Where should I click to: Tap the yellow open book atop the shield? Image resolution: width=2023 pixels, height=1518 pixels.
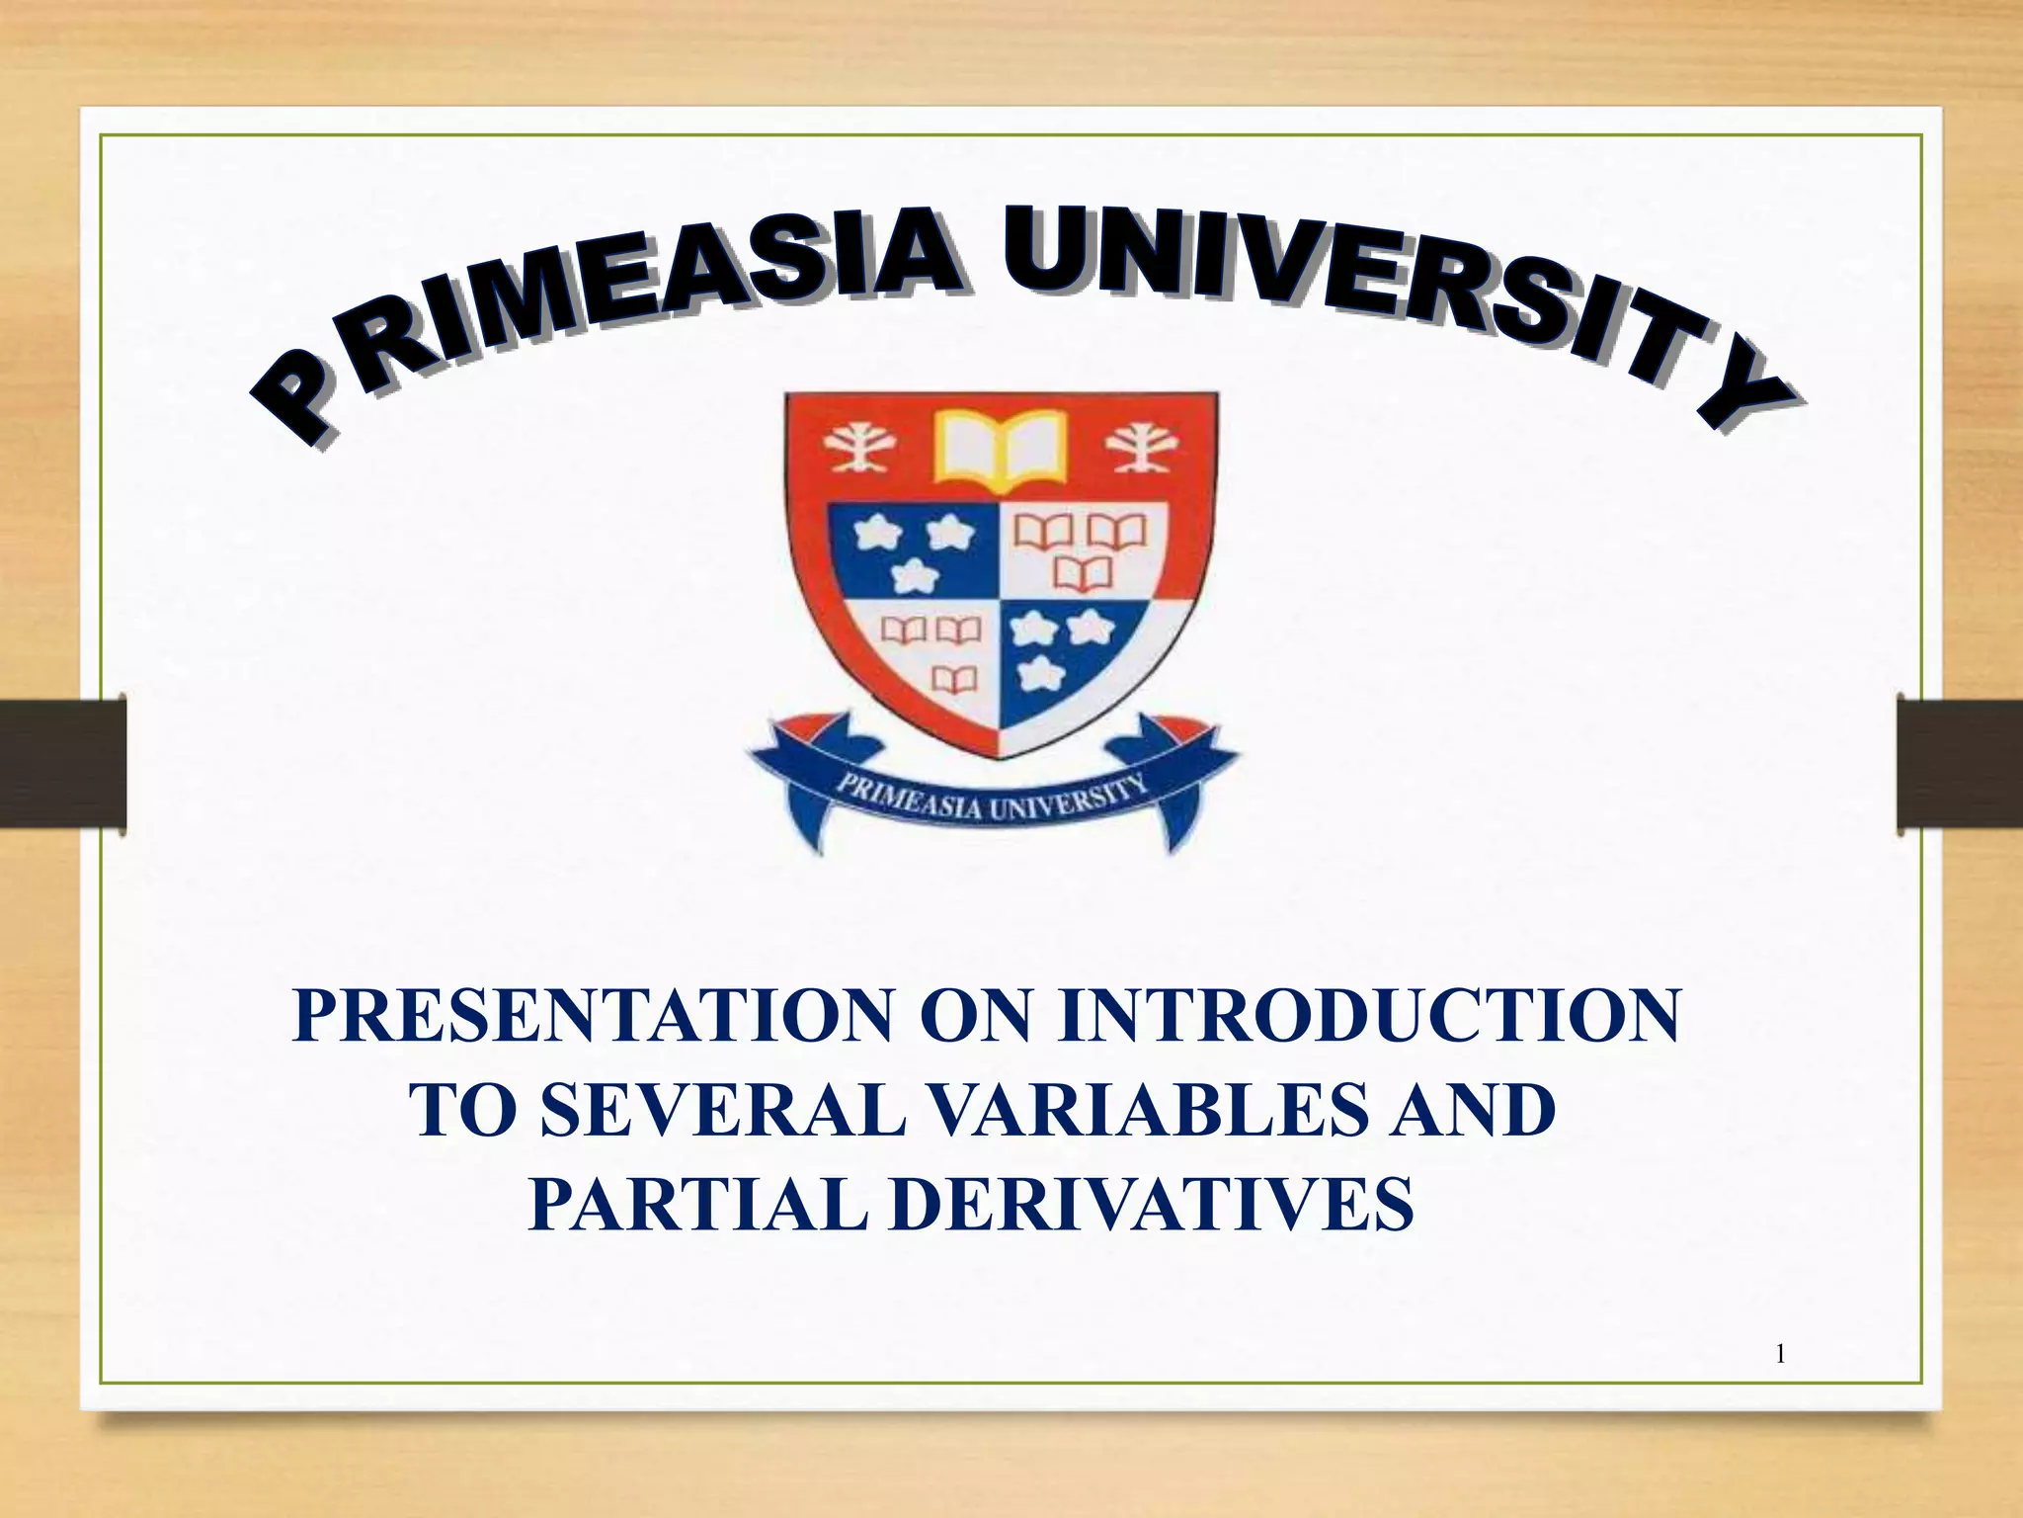pyautogui.click(x=1001, y=450)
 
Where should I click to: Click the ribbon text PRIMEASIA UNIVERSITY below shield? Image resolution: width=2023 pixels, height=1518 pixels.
pyautogui.click(x=993, y=799)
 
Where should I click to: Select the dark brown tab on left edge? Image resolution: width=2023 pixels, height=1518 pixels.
pyautogui.click(x=62, y=763)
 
